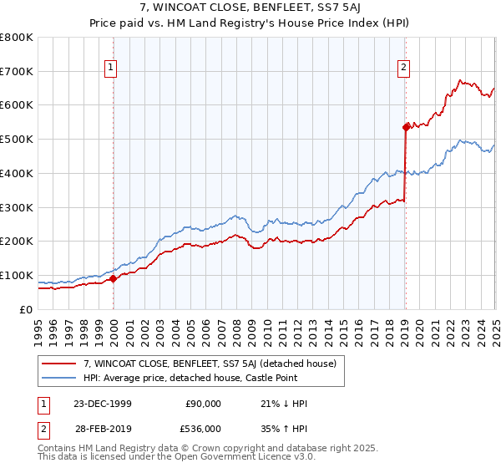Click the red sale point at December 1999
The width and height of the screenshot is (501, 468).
pyautogui.click(x=114, y=279)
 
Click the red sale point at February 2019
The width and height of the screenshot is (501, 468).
pyautogui.click(x=406, y=127)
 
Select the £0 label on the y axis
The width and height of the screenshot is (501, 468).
pyautogui.click(x=28, y=310)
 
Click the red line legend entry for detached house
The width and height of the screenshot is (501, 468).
pyautogui.click(x=209, y=364)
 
